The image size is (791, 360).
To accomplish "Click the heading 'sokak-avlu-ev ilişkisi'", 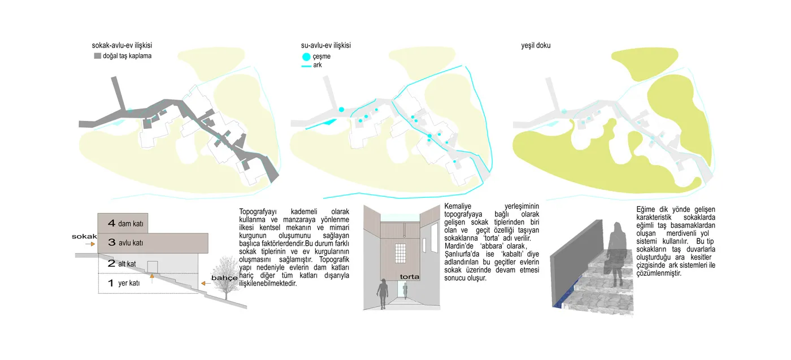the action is coord(122,46).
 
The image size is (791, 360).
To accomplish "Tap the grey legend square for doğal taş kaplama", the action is coord(97,56).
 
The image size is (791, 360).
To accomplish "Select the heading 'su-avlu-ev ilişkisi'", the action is coord(325,46).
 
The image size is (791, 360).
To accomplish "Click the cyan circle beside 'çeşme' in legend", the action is coord(306,57).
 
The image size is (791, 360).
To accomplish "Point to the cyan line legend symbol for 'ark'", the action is coord(306,66).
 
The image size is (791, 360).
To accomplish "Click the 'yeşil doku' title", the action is coord(536,46).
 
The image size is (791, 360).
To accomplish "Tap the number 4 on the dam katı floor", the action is coord(112,223).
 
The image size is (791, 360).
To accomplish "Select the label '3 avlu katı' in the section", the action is coord(125,242).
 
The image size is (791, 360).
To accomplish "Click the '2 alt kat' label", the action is coord(122,263).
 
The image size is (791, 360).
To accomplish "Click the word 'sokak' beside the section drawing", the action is coord(84,236).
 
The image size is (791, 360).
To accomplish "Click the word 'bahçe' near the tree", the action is coord(224,277).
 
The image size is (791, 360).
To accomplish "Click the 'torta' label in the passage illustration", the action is coord(410,276).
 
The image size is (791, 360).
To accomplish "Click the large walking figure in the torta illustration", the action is coord(383,294).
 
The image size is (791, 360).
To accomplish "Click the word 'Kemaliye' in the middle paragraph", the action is coord(458,206).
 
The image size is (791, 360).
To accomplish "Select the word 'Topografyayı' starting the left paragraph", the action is coord(258,211).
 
